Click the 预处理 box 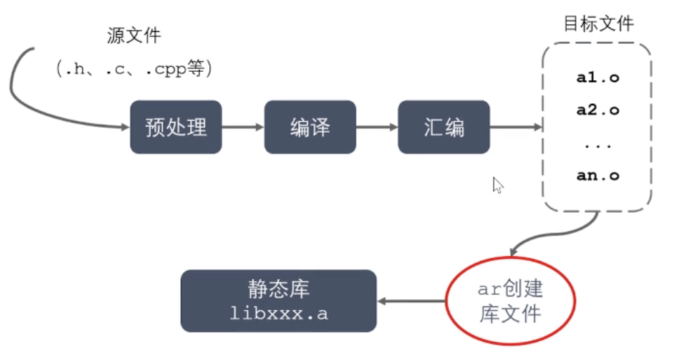[x=176, y=127]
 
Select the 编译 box [x=310, y=127]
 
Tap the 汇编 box [x=444, y=127]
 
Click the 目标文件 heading [x=598, y=23]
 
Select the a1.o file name [x=597, y=77]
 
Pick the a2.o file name [x=597, y=110]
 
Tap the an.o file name [x=597, y=176]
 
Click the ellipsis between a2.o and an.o [x=598, y=144]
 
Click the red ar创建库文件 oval [x=510, y=301]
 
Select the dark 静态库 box [x=278, y=301]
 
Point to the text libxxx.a [x=278, y=313]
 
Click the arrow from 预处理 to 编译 [x=243, y=127]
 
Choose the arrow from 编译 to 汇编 [x=377, y=127]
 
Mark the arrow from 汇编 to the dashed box [x=516, y=127]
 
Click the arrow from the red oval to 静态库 [x=412, y=301]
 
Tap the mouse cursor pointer [x=498, y=185]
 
